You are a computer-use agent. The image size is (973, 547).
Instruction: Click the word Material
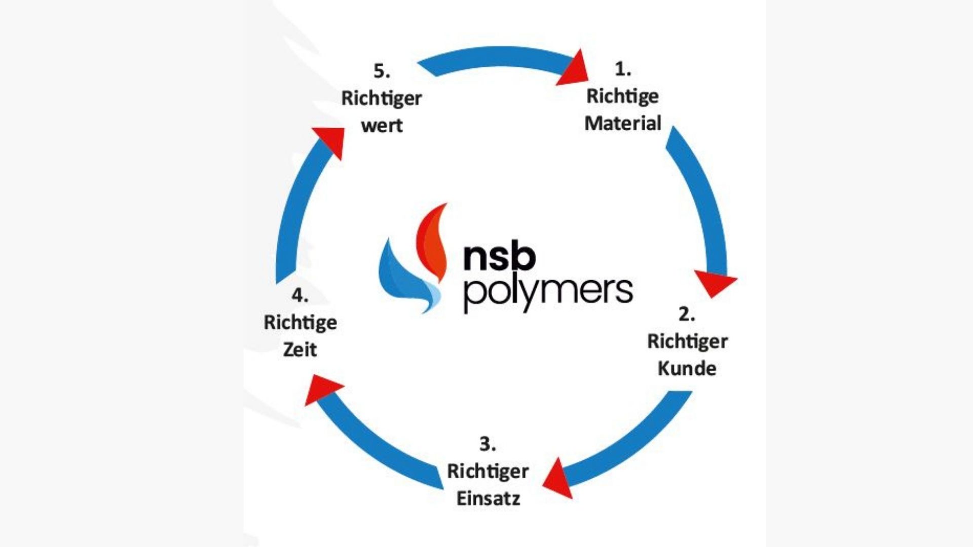[x=623, y=123]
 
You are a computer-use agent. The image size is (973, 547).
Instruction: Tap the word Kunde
[x=687, y=368]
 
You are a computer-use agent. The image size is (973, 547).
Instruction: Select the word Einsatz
[x=488, y=498]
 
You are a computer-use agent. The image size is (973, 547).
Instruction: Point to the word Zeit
[x=300, y=349]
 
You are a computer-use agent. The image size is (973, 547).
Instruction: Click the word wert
[x=382, y=125]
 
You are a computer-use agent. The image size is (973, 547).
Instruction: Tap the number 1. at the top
[x=623, y=69]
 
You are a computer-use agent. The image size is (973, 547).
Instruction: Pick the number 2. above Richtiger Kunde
[x=687, y=314]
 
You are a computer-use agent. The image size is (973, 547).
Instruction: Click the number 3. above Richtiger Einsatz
[x=488, y=444]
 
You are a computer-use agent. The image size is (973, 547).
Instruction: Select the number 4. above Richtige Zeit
[x=300, y=295]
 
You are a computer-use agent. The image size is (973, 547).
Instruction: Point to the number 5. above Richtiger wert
[x=382, y=71]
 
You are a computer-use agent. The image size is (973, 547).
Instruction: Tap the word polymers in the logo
[x=548, y=292]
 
